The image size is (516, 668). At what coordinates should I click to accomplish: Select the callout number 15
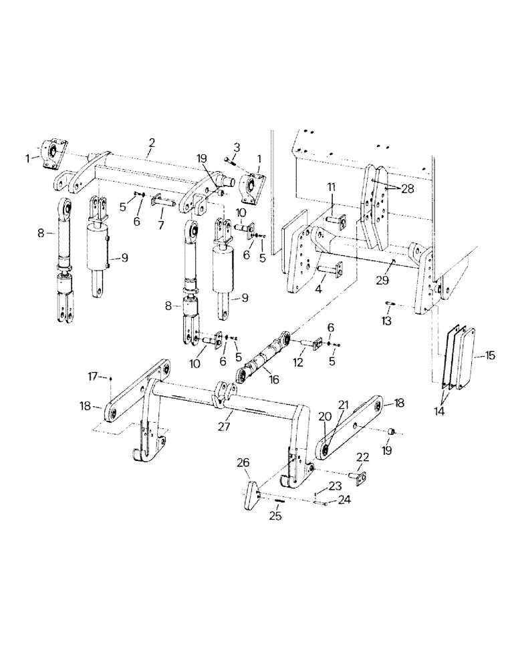491,355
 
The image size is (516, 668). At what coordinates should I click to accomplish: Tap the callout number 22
362,457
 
